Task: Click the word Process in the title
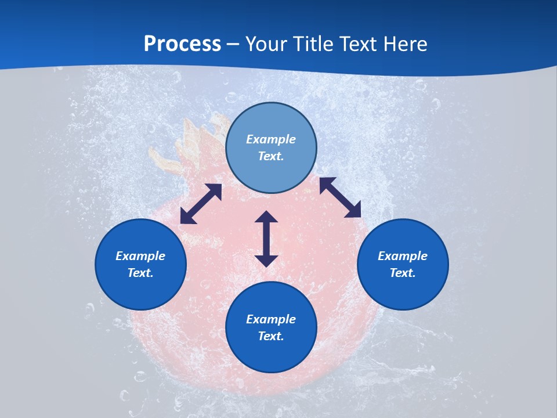tap(182, 44)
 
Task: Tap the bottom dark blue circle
tap(271, 354)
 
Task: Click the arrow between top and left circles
tap(201, 204)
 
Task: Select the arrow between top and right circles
tap(340, 197)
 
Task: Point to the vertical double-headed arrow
tap(266, 239)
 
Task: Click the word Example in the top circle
tap(271, 139)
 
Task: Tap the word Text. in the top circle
tap(271, 156)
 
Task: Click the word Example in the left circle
tap(140, 256)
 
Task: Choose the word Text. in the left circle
tap(140, 273)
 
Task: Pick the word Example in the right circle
tap(403, 256)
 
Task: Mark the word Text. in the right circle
tap(403, 273)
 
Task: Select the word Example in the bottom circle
tap(271, 319)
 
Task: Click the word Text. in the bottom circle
tap(271, 336)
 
